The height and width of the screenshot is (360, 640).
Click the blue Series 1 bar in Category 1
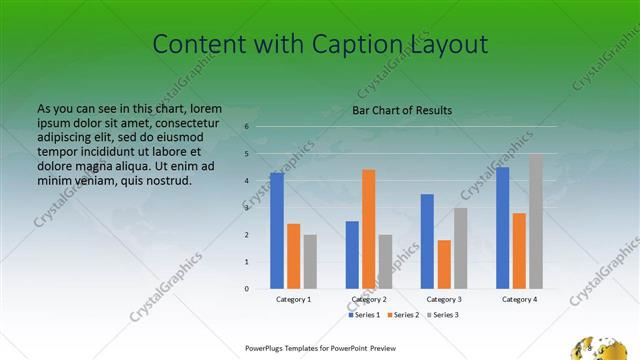pyautogui.click(x=277, y=230)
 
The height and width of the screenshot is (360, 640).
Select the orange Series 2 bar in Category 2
pyautogui.click(x=369, y=229)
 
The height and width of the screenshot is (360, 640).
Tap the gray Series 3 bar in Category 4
pyautogui.click(x=536, y=221)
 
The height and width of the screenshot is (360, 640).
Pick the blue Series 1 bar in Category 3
pyautogui.click(x=428, y=241)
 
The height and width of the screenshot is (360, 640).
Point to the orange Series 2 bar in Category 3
pyautogui.click(x=444, y=264)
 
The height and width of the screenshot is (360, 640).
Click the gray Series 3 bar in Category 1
pyautogui.click(x=310, y=261)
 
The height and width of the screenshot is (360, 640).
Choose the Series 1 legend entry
pyautogui.click(x=365, y=315)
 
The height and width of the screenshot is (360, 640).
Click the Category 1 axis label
pyautogui.click(x=294, y=299)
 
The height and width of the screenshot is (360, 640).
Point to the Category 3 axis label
pyautogui.click(x=444, y=299)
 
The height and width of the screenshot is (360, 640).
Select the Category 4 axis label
pyautogui.click(x=520, y=299)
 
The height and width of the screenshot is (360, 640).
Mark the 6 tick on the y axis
pyautogui.click(x=247, y=127)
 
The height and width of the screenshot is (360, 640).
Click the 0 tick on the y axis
pyautogui.click(x=247, y=289)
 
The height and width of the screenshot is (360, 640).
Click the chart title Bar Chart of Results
pyautogui.click(x=402, y=110)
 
